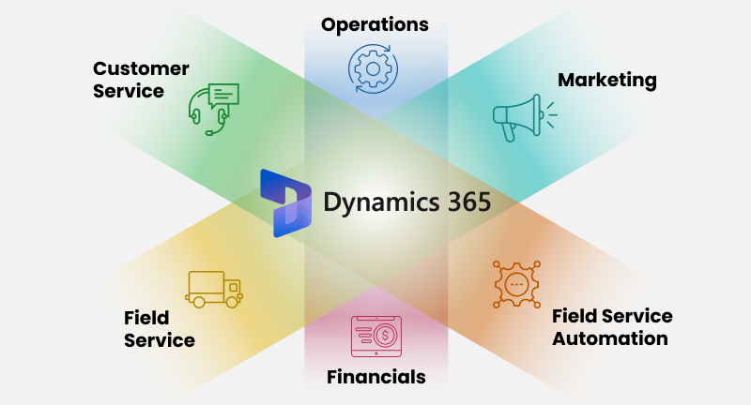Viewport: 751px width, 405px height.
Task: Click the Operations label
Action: tap(375, 25)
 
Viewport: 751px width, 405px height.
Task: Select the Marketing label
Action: tap(606, 81)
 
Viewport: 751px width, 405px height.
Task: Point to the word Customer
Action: tap(141, 68)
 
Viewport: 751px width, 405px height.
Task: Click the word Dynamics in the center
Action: tap(381, 202)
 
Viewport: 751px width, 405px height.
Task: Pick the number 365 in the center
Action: tap(469, 202)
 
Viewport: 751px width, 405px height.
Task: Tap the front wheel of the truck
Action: tap(232, 302)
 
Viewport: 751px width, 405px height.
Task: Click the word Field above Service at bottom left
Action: tap(146, 318)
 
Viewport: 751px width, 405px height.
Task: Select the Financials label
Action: tap(376, 377)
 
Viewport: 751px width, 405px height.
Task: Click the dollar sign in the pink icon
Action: tap(385, 336)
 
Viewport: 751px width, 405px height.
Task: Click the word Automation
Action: tap(609, 338)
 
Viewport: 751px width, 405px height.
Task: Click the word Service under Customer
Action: tap(129, 91)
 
